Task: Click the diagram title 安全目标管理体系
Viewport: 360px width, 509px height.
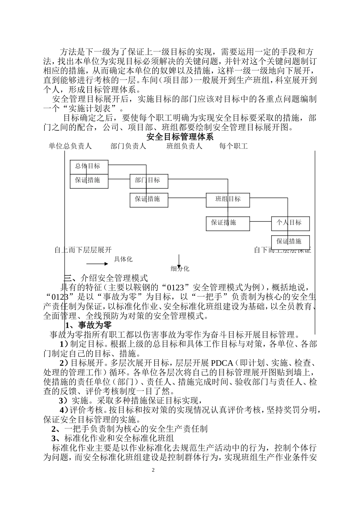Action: point(180,137)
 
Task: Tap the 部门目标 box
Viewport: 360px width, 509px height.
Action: point(149,181)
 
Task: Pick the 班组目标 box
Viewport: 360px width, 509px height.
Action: point(228,200)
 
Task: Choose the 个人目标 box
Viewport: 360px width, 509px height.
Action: point(290,223)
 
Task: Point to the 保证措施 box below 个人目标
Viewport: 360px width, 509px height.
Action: point(290,242)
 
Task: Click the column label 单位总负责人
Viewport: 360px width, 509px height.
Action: point(70,146)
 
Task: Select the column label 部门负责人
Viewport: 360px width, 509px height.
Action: point(128,146)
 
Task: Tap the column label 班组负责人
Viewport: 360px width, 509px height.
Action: point(184,146)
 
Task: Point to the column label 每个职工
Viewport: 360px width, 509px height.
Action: point(233,146)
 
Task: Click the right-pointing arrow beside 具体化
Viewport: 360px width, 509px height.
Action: point(97,264)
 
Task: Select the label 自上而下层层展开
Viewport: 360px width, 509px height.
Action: point(83,250)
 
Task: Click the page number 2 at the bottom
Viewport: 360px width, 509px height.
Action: point(153,470)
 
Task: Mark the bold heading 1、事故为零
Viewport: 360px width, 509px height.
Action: point(88,325)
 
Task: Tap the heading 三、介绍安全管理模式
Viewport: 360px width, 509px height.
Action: point(106,278)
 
